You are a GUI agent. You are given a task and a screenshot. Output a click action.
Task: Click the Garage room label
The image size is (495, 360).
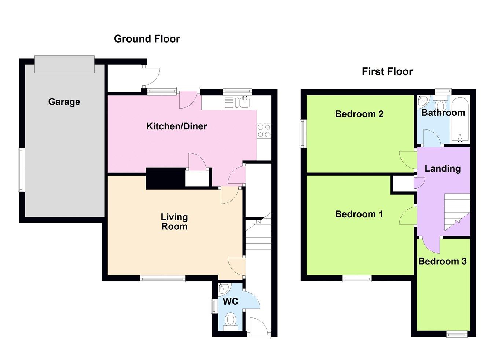click(x=64, y=102)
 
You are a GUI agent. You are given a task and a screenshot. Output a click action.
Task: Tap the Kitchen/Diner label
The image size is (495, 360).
click(x=176, y=126)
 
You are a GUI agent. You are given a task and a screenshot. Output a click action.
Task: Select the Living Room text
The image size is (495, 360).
click(x=174, y=222)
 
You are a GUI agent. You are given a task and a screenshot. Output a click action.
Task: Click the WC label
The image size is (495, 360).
click(x=230, y=301)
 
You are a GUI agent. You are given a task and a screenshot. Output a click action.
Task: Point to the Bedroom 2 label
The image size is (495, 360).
click(x=359, y=114)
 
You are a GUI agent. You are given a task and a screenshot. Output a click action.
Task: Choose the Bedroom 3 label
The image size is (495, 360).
click(x=442, y=261)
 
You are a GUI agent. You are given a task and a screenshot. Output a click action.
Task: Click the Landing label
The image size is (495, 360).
click(x=443, y=169)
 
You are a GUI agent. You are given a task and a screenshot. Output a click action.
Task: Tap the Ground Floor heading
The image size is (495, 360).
click(x=147, y=39)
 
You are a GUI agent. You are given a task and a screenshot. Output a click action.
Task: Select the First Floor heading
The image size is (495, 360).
click(x=387, y=71)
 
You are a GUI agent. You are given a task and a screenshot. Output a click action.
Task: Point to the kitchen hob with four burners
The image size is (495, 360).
click(x=264, y=131)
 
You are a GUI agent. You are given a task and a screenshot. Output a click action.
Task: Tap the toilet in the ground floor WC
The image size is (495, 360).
click(x=230, y=320)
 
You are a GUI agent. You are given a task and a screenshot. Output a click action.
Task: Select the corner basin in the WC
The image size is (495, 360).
click(x=223, y=288)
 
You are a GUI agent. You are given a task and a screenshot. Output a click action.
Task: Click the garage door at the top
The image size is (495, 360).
click(x=65, y=65)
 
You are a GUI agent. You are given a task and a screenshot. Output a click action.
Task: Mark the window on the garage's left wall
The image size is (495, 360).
click(x=22, y=170)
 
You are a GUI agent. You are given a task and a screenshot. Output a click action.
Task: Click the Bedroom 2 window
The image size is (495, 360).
click(x=303, y=133)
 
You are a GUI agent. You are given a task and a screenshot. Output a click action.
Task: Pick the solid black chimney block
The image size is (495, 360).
click(x=165, y=179)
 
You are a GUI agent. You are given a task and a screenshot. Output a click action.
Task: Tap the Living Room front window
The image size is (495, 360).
click(x=162, y=279)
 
